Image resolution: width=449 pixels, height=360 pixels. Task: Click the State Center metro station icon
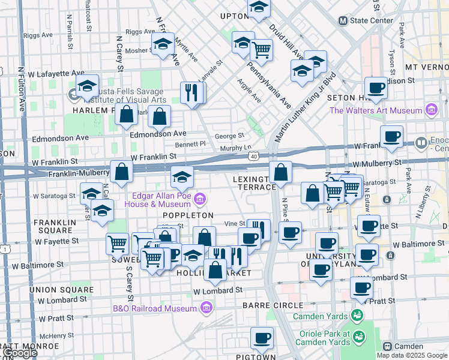(x=343, y=20)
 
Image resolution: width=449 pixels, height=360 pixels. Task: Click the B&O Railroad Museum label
(x=155, y=308)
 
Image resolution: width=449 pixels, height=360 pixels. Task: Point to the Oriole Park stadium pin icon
(x=359, y=336)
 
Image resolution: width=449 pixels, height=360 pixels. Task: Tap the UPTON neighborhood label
(x=234, y=16)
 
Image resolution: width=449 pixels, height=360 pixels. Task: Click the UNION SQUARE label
(x=61, y=290)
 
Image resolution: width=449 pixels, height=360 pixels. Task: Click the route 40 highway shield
(x=254, y=156)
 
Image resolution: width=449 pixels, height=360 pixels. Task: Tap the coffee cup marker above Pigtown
(x=262, y=338)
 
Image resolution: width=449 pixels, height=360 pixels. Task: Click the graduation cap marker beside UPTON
(x=259, y=7)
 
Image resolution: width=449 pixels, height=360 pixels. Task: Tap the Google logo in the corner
(x=20, y=352)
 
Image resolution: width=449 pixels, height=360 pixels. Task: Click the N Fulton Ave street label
(x=22, y=89)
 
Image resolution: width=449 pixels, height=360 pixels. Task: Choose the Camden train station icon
(x=388, y=346)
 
